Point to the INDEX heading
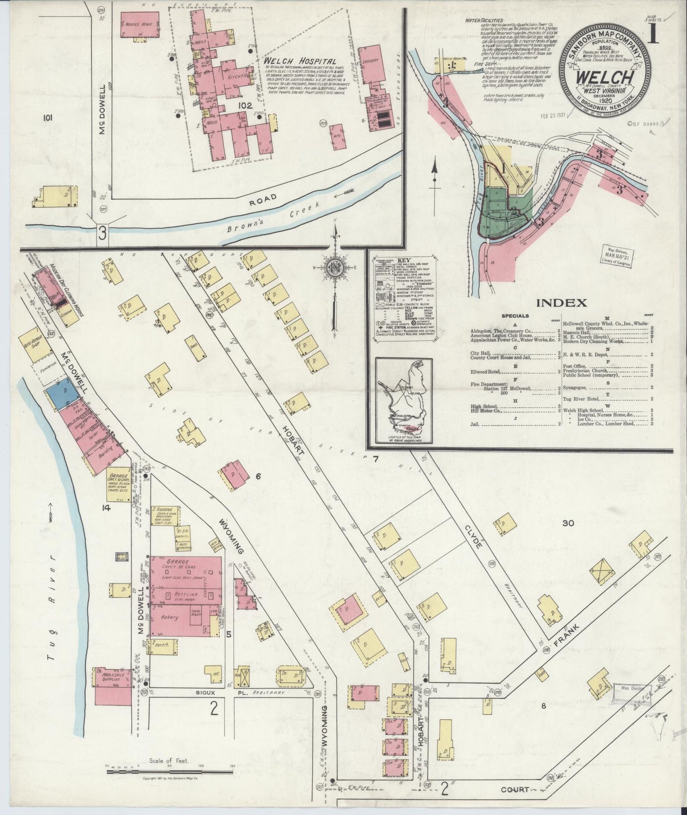tap(561, 302)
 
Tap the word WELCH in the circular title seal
tap(604, 77)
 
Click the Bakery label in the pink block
tap(169, 617)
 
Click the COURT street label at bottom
tap(514, 789)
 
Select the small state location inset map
tap(404, 400)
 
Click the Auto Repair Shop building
tap(35, 340)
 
